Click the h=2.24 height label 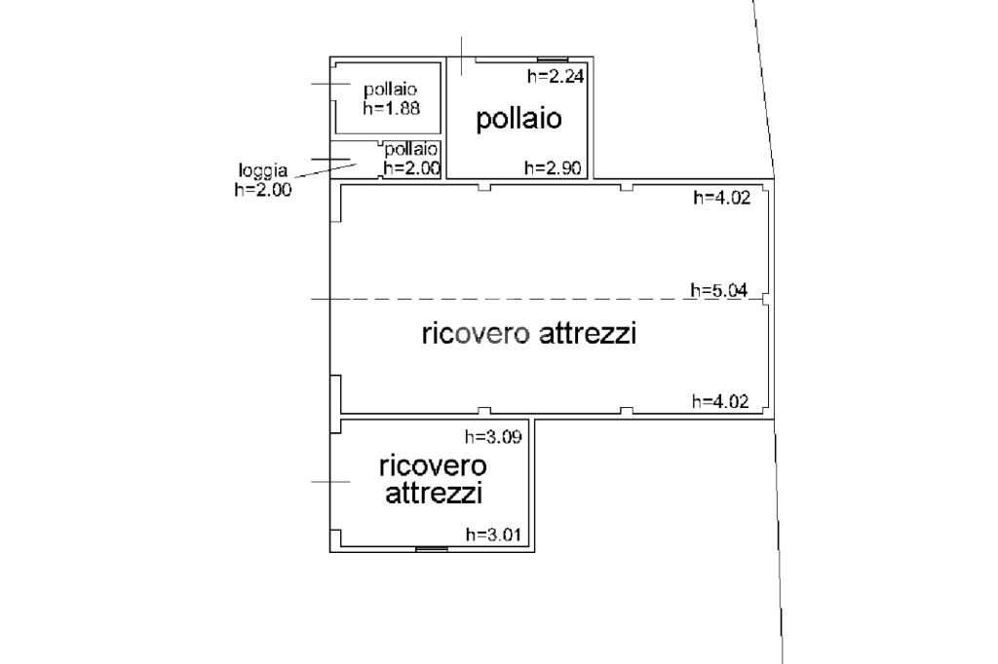555,76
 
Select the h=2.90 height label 553,167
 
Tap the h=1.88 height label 392,108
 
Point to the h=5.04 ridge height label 719,291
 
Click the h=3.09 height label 493,436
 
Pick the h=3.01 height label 493,535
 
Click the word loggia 263,171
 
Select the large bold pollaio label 518,119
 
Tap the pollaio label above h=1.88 390,89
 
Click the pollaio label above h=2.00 411,150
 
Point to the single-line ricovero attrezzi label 529,333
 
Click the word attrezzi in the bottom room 434,494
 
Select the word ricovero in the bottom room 433,465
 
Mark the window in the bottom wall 432,548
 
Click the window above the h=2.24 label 554,59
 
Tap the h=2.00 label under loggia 263,189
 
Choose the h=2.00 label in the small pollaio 412,168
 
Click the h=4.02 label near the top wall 722,198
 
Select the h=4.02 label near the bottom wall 720,401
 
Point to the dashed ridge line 541,298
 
